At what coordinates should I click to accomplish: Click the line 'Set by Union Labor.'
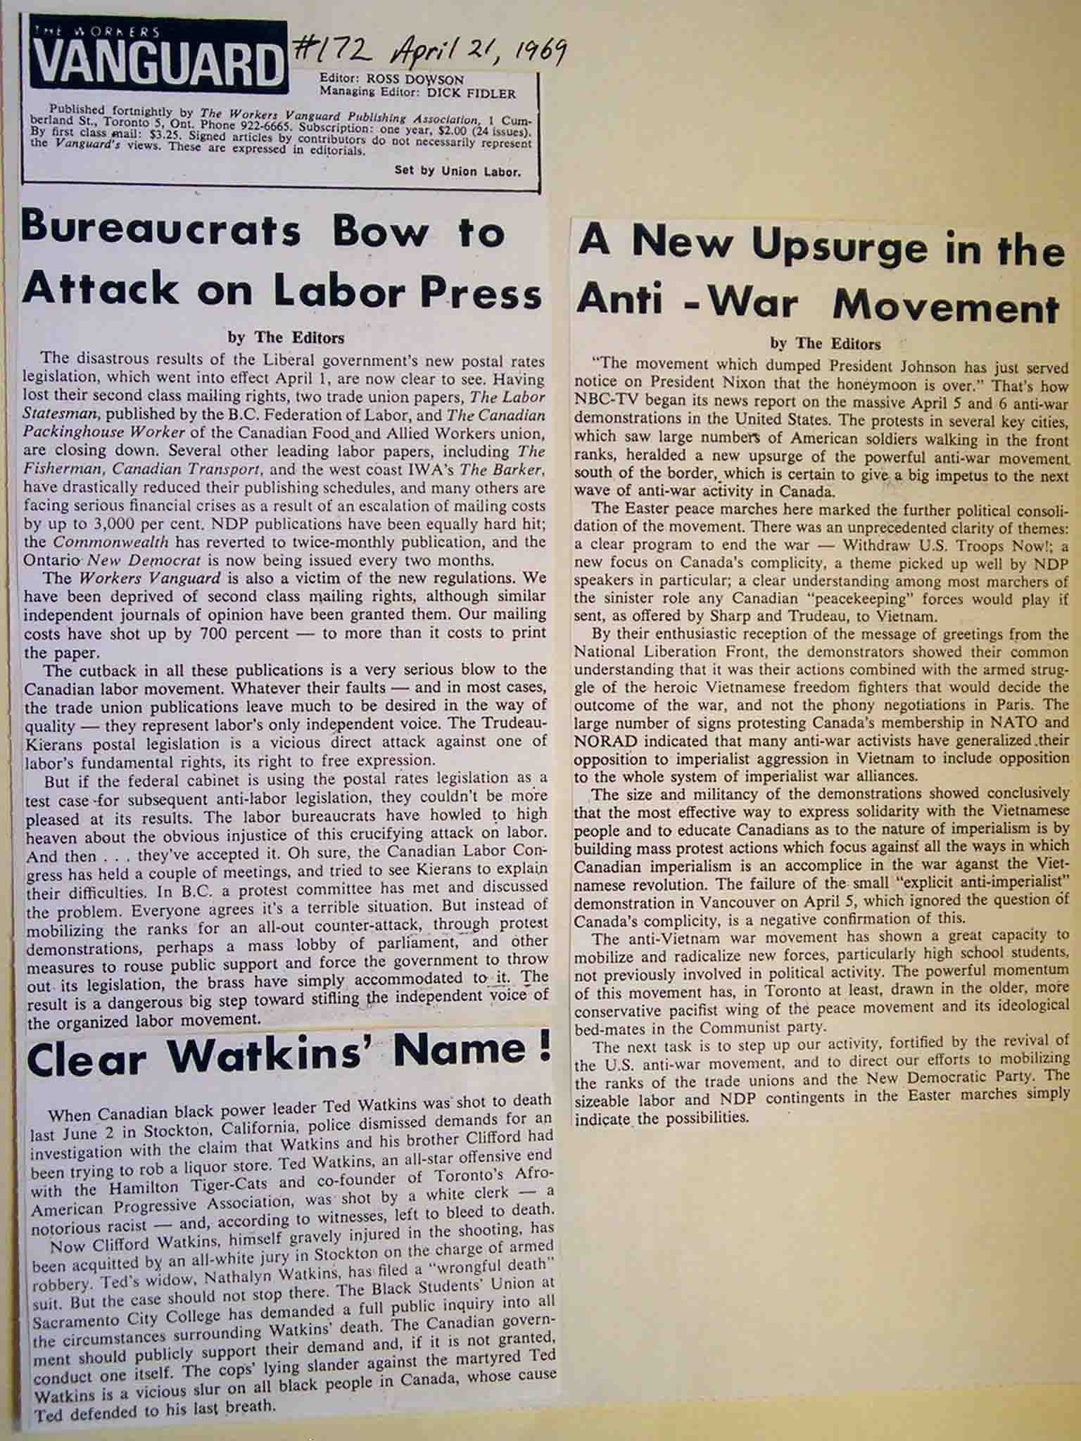click(x=457, y=170)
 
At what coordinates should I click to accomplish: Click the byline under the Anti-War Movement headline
click(x=826, y=344)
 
